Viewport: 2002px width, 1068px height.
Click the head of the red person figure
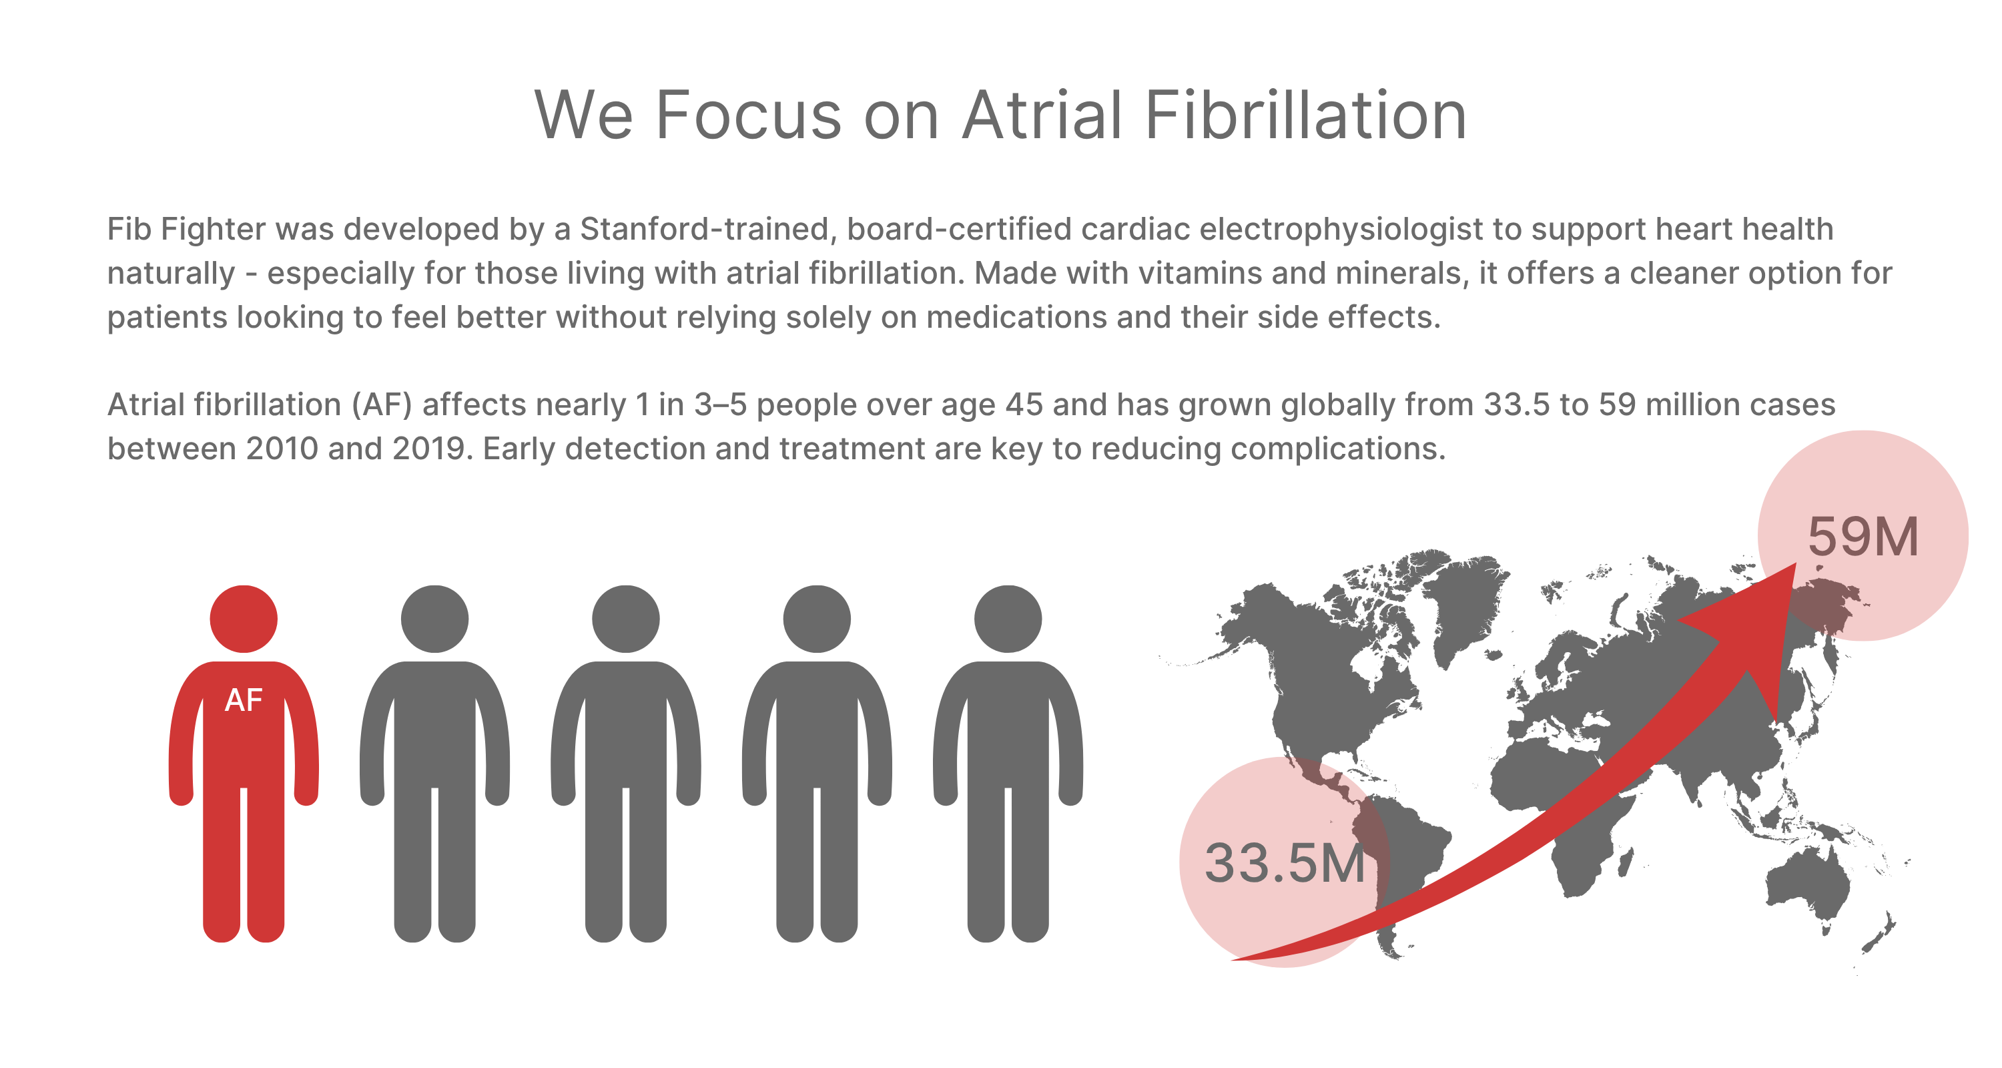click(244, 619)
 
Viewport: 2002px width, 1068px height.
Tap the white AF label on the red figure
click(244, 700)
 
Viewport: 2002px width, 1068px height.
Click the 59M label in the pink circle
click(1863, 537)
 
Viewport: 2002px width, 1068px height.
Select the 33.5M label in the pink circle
click(1285, 864)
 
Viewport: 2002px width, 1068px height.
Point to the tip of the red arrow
click(1796, 563)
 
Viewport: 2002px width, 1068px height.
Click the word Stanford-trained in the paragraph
click(708, 230)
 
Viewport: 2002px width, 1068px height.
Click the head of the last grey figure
click(1007, 619)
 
